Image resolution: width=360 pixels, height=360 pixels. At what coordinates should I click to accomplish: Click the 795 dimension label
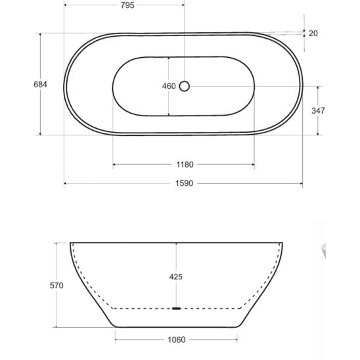[x=127, y=5]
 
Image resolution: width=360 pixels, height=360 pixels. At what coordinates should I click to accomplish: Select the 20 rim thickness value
[x=313, y=34]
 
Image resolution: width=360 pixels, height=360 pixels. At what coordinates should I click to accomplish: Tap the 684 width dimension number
[x=41, y=85]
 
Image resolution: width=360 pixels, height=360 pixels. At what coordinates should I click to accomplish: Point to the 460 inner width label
[x=169, y=86]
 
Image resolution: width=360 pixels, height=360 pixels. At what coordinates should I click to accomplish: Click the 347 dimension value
[x=318, y=111]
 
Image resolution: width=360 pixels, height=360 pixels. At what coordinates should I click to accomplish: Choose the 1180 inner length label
[x=185, y=165]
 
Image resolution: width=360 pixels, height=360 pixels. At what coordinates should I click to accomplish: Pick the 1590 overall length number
[x=185, y=183]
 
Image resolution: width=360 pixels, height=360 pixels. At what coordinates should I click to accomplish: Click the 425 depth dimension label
[x=176, y=277]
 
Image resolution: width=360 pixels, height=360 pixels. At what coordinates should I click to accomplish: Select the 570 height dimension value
[x=56, y=286]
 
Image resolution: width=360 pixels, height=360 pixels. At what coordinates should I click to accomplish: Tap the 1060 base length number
[x=177, y=340]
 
